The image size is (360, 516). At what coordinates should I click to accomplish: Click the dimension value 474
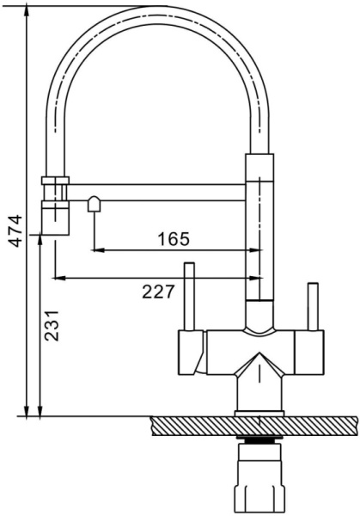point(15,230)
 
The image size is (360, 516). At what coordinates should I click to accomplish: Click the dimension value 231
point(52,326)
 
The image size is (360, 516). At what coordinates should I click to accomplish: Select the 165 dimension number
point(174,239)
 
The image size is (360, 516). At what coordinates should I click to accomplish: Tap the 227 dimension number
point(157,292)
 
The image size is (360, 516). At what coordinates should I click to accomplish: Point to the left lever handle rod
point(189,297)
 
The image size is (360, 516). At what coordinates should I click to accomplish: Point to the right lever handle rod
point(313,306)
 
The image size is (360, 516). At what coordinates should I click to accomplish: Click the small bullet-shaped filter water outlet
point(94,204)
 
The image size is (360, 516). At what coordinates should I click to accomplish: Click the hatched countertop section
point(254,426)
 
